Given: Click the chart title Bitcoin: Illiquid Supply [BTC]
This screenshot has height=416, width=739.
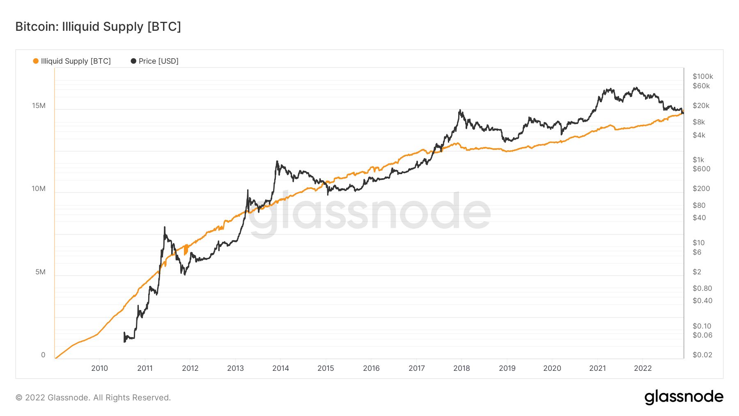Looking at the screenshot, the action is pos(98,27).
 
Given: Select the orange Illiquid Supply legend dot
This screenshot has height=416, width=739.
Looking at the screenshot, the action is pos(36,61).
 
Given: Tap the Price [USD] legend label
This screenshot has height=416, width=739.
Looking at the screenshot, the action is pos(158,61).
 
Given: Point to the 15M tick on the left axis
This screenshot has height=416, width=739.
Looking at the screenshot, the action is pos(39,106).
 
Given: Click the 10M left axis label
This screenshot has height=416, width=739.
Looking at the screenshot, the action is pos(39,189).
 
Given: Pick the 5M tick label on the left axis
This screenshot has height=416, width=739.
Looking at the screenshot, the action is pos(40,272).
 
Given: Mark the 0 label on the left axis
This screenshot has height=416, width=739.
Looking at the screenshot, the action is pos(43,355).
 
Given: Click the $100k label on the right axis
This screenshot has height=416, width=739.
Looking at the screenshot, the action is pos(703,76).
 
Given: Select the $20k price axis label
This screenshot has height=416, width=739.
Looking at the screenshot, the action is pos(701,106).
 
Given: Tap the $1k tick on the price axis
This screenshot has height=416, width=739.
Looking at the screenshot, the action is pos(698,160).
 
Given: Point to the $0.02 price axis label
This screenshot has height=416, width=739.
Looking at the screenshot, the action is pos(702,355).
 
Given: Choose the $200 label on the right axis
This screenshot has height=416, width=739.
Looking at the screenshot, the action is pos(701,188).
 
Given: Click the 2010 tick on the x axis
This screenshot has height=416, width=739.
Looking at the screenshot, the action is pos(100,368).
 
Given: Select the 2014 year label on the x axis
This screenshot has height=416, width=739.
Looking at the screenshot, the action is pos(281,368).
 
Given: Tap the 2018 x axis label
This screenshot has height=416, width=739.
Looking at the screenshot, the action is pos(462,368).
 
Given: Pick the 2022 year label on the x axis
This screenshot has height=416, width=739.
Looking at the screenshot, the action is pos(643,368).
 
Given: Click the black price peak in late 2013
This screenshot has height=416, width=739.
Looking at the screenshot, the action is pos(277,161).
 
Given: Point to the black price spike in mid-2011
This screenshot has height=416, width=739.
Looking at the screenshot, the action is pos(165,227).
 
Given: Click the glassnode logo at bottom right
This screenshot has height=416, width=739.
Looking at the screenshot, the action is pos(684,397).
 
